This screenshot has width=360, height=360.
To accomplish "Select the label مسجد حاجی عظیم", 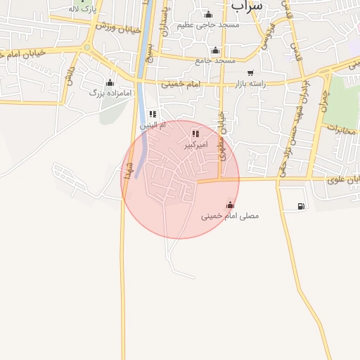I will coord(209,25).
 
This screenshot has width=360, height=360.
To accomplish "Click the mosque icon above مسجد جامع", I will coord(215,50).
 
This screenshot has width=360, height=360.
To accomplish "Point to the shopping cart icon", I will coord(250,73).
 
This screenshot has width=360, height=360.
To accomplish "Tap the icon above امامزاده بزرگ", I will coord(109,82).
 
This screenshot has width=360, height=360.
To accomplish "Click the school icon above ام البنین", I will coord(153,114).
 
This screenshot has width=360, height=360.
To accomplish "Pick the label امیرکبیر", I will coord(196,144).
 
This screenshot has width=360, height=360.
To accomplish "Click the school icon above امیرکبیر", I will coord(195,134).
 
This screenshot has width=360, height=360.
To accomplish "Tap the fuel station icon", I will coord(301,206).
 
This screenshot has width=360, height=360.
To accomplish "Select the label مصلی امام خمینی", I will coord(230,215).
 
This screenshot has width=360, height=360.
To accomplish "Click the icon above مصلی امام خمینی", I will coord(230,205).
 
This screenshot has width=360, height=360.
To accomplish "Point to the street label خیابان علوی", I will coord(342,180).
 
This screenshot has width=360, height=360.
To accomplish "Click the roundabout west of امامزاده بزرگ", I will coord(87,49).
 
